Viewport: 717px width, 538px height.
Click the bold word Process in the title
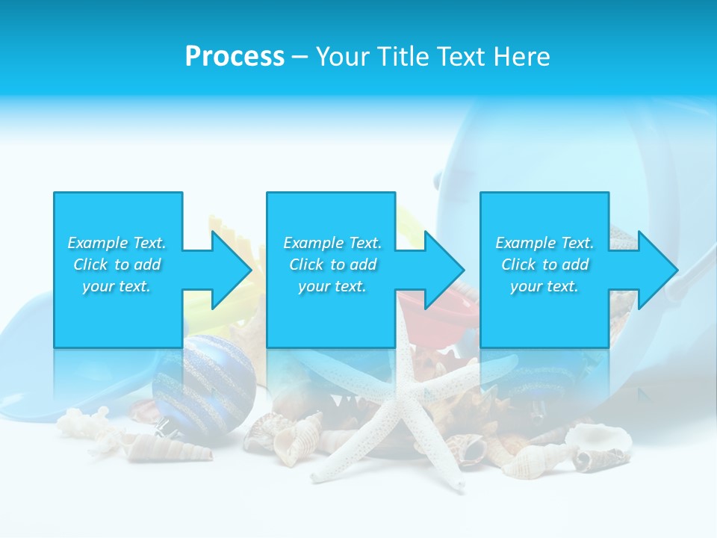[x=235, y=57]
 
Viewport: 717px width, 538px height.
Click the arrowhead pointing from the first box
[x=229, y=270]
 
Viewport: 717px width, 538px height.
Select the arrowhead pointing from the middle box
[x=442, y=270]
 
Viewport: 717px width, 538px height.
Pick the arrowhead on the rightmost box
[x=655, y=270]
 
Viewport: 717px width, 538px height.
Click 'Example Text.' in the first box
[x=117, y=243]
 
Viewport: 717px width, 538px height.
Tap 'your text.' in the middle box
[x=332, y=286]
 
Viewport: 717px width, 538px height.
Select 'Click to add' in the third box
[x=544, y=265]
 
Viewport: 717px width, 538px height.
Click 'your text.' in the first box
[x=117, y=286]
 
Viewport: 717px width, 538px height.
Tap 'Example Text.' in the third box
[x=544, y=243]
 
